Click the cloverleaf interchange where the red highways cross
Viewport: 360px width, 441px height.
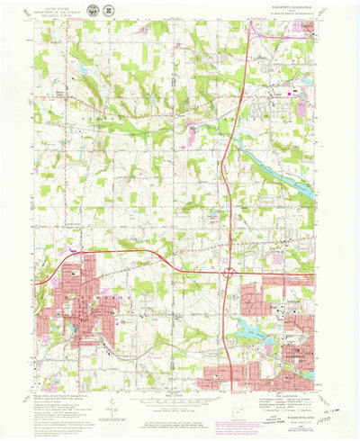pos(230,271)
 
